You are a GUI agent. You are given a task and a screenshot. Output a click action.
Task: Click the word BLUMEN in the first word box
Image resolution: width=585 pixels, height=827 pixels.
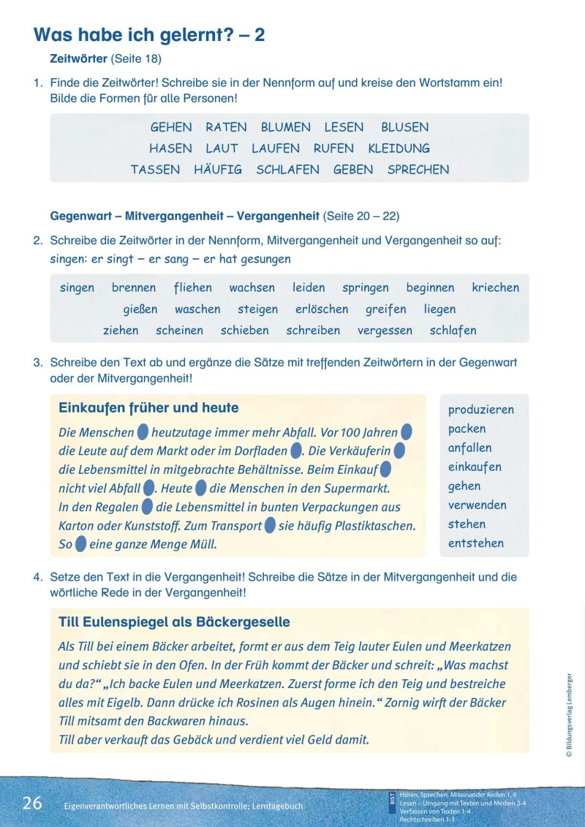pyautogui.click(x=285, y=127)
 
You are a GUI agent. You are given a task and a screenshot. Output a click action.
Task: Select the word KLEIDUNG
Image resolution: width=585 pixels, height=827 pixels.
pyautogui.click(x=399, y=148)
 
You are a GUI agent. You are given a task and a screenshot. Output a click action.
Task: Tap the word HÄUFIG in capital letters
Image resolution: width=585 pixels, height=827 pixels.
pyautogui.click(x=218, y=170)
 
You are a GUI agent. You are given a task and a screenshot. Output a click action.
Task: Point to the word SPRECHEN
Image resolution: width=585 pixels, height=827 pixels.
pyautogui.click(x=418, y=170)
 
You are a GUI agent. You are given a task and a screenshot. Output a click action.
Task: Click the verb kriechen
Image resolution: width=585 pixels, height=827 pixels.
pyautogui.click(x=495, y=288)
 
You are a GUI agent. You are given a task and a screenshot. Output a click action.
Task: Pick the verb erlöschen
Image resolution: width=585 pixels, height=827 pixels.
pyautogui.click(x=322, y=309)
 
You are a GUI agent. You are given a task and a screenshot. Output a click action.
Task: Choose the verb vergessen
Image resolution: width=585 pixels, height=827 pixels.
pyautogui.click(x=385, y=331)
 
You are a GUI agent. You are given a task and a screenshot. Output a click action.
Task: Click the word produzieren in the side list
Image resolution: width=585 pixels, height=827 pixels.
pyautogui.click(x=480, y=410)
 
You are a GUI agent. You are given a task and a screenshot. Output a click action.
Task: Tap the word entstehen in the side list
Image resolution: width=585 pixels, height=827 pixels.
pyautogui.click(x=475, y=543)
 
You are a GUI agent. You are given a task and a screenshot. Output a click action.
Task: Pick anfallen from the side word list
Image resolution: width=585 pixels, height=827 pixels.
pyautogui.click(x=469, y=448)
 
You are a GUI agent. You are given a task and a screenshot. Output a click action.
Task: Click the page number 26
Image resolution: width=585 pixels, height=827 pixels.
pyautogui.click(x=32, y=804)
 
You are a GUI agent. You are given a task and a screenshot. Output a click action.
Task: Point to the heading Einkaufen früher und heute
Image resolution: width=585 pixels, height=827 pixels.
pyautogui.click(x=148, y=408)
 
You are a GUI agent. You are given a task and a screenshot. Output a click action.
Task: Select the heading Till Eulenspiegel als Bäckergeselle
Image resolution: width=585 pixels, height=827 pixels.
pyautogui.click(x=174, y=622)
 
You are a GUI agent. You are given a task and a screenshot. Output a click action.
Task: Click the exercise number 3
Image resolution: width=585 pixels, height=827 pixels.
pyautogui.click(x=37, y=363)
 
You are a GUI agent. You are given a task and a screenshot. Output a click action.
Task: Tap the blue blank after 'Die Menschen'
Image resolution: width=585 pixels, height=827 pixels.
pyautogui.click(x=143, y=432)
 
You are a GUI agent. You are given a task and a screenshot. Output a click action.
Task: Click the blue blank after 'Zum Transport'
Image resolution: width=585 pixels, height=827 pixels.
pyautogui.click(x=270, y=525)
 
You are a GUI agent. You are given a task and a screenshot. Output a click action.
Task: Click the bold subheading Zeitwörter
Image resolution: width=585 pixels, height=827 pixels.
pyautogui.click(x=79, y=58)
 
